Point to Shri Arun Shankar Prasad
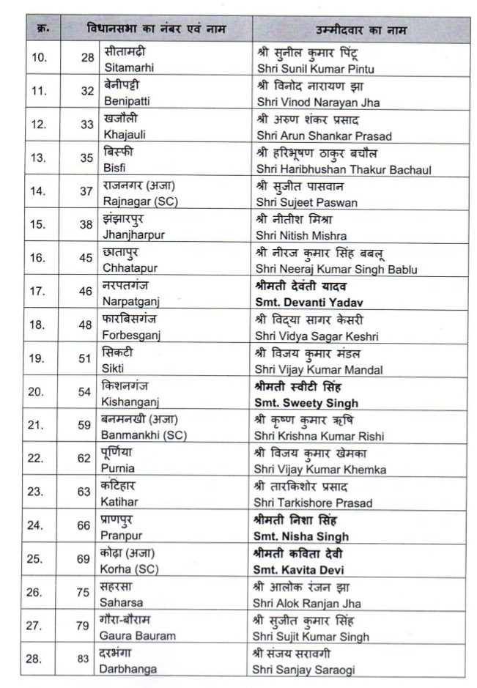(x=325, y=136)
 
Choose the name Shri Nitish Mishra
(x=301, y=236)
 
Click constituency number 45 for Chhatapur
(x=87, y=259)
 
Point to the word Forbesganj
(x=131, y=335)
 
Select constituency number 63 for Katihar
(x=87, y=492)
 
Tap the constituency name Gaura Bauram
(x=139, y=636)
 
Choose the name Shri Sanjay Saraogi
(x=307, y=670)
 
